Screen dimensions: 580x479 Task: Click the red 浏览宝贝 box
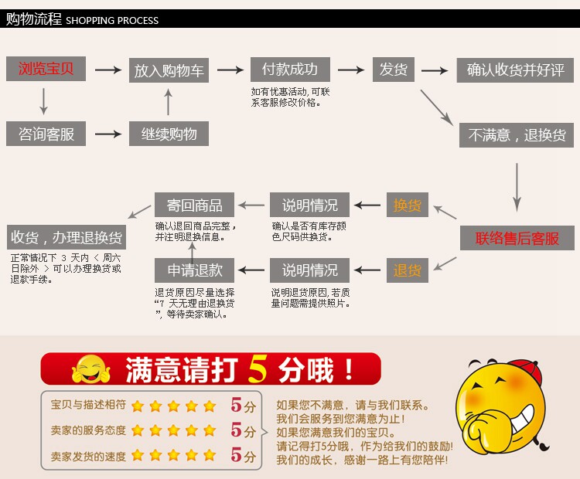[46, 69]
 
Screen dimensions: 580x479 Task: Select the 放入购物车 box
[169, 70]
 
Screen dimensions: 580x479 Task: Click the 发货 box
[393, 70]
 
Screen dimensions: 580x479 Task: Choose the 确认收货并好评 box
[515, 70]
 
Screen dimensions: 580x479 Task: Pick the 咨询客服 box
[46, 134]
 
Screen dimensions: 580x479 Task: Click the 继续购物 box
[169, 134]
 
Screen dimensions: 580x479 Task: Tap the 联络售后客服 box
[517, 238]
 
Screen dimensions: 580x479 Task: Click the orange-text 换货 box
[408, 206]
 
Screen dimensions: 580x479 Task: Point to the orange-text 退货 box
[408, 270]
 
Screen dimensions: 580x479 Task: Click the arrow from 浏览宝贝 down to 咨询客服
[43, 101]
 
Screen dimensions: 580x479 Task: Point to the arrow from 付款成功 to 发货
[351, 70]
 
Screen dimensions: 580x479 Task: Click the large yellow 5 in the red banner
[258, 370]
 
